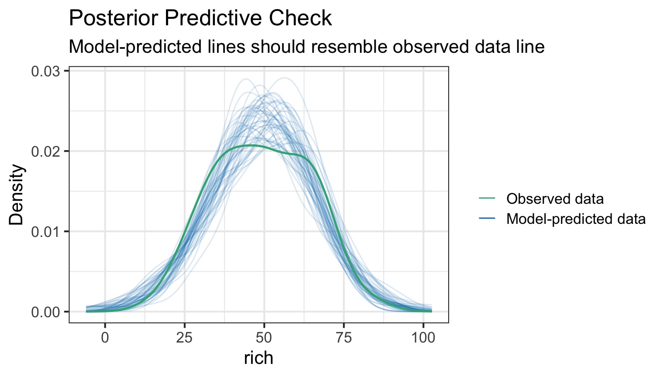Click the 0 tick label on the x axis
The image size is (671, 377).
(105, 338)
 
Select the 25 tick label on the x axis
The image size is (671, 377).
(184, 338)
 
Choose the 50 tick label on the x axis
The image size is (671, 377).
(264, 338)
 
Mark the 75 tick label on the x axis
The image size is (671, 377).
(343, 338)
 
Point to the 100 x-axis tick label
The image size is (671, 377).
(423, 338)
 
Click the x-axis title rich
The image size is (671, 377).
(259, 358)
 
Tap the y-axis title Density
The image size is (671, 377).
(17, 195)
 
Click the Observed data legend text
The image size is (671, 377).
(555, 199)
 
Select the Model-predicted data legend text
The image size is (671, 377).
(576, 219)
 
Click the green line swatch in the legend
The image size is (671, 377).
(487, 199)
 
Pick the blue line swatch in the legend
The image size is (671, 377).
(487, 219)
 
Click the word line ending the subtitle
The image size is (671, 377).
(530, 46)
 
